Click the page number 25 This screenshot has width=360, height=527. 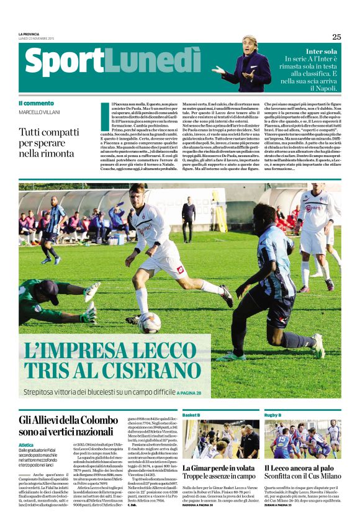click(336, 37)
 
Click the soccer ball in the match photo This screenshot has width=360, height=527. click(150, 321)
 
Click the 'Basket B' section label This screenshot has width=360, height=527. click(191, 415)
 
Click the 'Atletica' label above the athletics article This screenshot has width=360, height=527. click(26, 445)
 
